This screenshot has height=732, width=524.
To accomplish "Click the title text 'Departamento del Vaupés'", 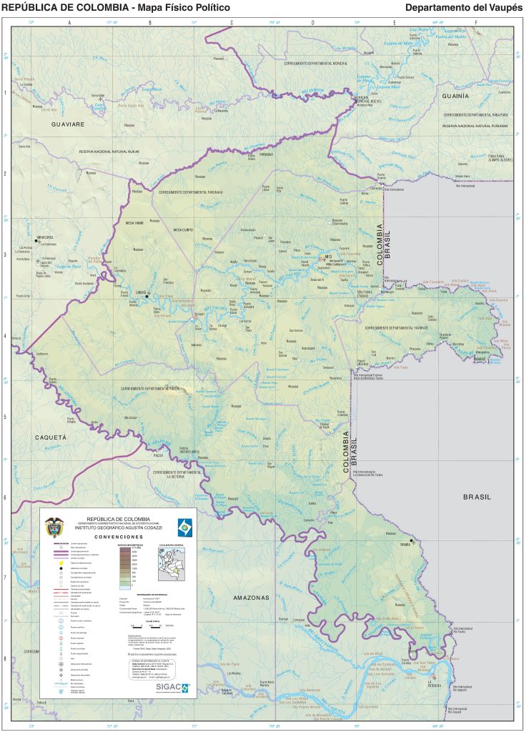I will point(463,7).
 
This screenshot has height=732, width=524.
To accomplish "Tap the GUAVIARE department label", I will point(68,124).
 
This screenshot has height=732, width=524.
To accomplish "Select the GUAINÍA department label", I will point(455,95).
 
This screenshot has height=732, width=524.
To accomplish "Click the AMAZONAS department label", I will point(250,597).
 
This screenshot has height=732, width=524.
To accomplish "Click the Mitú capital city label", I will point(329,255).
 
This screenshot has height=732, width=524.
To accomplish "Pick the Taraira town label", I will point(405,544).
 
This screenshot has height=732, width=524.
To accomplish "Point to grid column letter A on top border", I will point(69,23).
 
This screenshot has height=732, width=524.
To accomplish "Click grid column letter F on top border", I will point(476,23).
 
